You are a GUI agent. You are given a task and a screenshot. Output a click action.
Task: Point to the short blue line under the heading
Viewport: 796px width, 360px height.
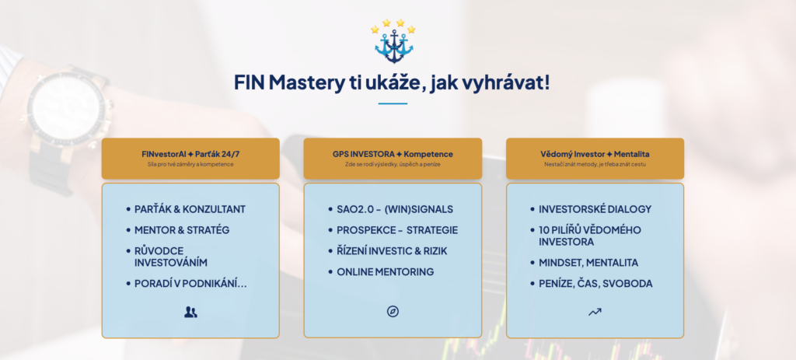pyautogui.click(x=393, y=103)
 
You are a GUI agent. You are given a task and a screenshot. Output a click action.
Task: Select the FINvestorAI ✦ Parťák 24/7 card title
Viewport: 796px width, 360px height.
pyautogui.click(x=190, y=154)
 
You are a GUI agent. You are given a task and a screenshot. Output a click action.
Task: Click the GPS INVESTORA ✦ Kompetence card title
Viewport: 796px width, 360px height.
pyautogui.click(x=393, y=154)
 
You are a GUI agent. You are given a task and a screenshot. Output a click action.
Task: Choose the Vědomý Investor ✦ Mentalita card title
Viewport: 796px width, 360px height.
pyautogui.click(x=595, y=154)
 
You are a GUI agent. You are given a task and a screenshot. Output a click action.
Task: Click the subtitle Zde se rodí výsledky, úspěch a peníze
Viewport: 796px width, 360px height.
pyautogui.click(x=393, y=164)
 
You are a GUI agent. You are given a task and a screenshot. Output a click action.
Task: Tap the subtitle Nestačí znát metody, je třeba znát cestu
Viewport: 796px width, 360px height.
pyautogui.click(x=595, y=164)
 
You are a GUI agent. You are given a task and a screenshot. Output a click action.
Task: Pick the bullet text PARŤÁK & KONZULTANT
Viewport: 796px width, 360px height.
pyautogui.click(x=190, y=209)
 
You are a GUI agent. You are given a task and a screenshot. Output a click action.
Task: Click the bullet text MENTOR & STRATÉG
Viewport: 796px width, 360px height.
pyautogui.click(x=182, y=230)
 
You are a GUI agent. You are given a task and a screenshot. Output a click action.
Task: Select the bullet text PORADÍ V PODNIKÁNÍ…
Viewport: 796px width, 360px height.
pyautogui.click(x=190, y=284)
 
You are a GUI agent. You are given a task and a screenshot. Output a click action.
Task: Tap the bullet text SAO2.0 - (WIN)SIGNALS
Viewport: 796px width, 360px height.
pyautogui.click(x=395, y=209)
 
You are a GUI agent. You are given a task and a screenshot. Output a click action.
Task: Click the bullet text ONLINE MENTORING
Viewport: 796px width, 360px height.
pyautogui.click(x=386, y=271)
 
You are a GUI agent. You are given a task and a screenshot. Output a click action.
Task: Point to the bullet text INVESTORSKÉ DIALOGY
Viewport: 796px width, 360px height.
pyautogui.click(x=595, y=209)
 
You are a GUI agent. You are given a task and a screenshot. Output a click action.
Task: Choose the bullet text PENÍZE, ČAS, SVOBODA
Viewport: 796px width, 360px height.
pyautogui.click(x=595, y=284)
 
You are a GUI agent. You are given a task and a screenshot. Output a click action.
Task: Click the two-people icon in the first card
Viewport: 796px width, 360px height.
pyautogui.click(x=190, y=313)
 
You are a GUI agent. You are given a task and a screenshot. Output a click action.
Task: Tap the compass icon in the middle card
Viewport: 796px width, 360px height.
pyautogui.click(x=393, y=312)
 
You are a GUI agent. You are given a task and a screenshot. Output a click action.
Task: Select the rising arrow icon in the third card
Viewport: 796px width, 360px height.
pyautogui.click(x=595, y=312)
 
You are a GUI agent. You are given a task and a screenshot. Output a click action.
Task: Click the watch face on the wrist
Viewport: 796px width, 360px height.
pyautogui.click(x=67, y=110)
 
